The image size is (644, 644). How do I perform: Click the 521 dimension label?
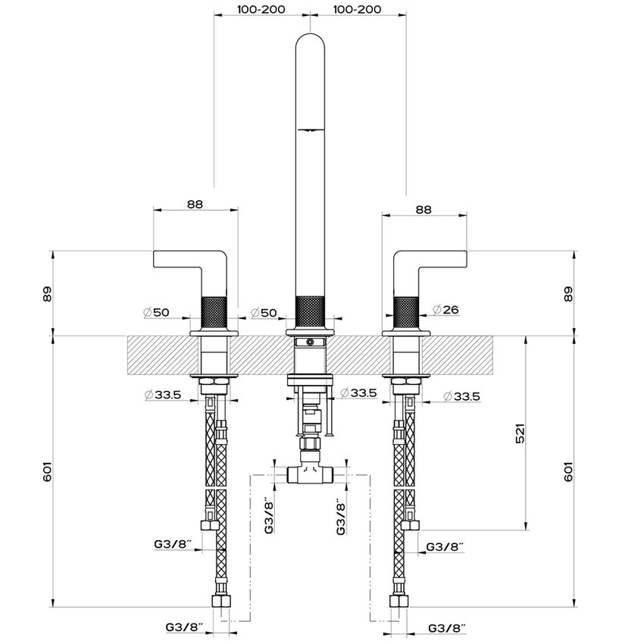pyautogui.click(x=520, y=433)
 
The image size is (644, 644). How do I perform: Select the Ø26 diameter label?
pyautogui.click(x=445, y=309)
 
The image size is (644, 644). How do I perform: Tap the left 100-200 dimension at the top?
pyautogui.click(x=261, y=9)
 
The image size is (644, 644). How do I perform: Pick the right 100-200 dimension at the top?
pyautogui.click(x=358, y=9)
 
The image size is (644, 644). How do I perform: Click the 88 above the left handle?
pyautogui.click(x=195, y=204)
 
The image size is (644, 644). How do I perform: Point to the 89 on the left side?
pyautogui.click(x=48, y=294)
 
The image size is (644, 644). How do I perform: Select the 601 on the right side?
pyautogui.click(x=567, y=471)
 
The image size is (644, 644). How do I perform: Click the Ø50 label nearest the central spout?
pyautogui.click(x=264, y=313)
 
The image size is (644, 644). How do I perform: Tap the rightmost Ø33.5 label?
pyautogui.click(x=461, y=396)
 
